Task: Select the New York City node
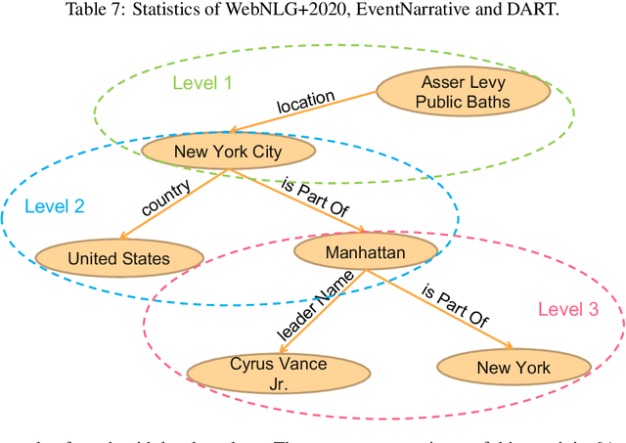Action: click(x=227, y=152)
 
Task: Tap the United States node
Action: click(x=118, y=258)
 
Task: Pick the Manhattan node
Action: click(x=364, y=253)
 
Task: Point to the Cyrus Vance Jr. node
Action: click(x=264, y=373)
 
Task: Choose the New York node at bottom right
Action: click(x=514, y=368)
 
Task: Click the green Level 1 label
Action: click(x=202, y=82)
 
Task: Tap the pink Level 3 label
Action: click(x=567, y=309)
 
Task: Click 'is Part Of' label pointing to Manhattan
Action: click(x=316, y=195)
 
